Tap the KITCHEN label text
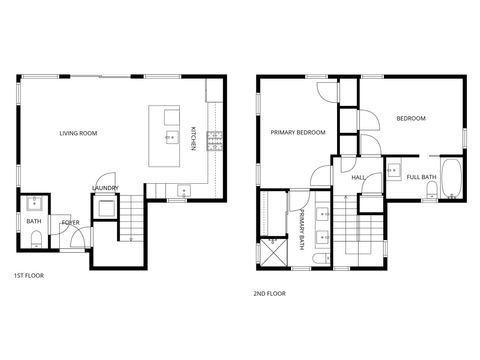tap(194, 138)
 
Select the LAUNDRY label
tap(105, 187)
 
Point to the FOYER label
tap(70, 223)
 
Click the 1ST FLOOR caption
tap(29, 275)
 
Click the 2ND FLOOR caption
tap(270, 293)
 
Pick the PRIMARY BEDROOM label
tap(298, 132)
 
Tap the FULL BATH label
tap(421, 177)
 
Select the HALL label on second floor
tap(358, 178)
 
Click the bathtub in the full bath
tap(451, 176)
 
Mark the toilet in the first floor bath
tap(35, 238)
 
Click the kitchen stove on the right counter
tap(213, 141)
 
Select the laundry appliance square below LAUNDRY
tap(104, 208)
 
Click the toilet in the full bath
tap(431, 194)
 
